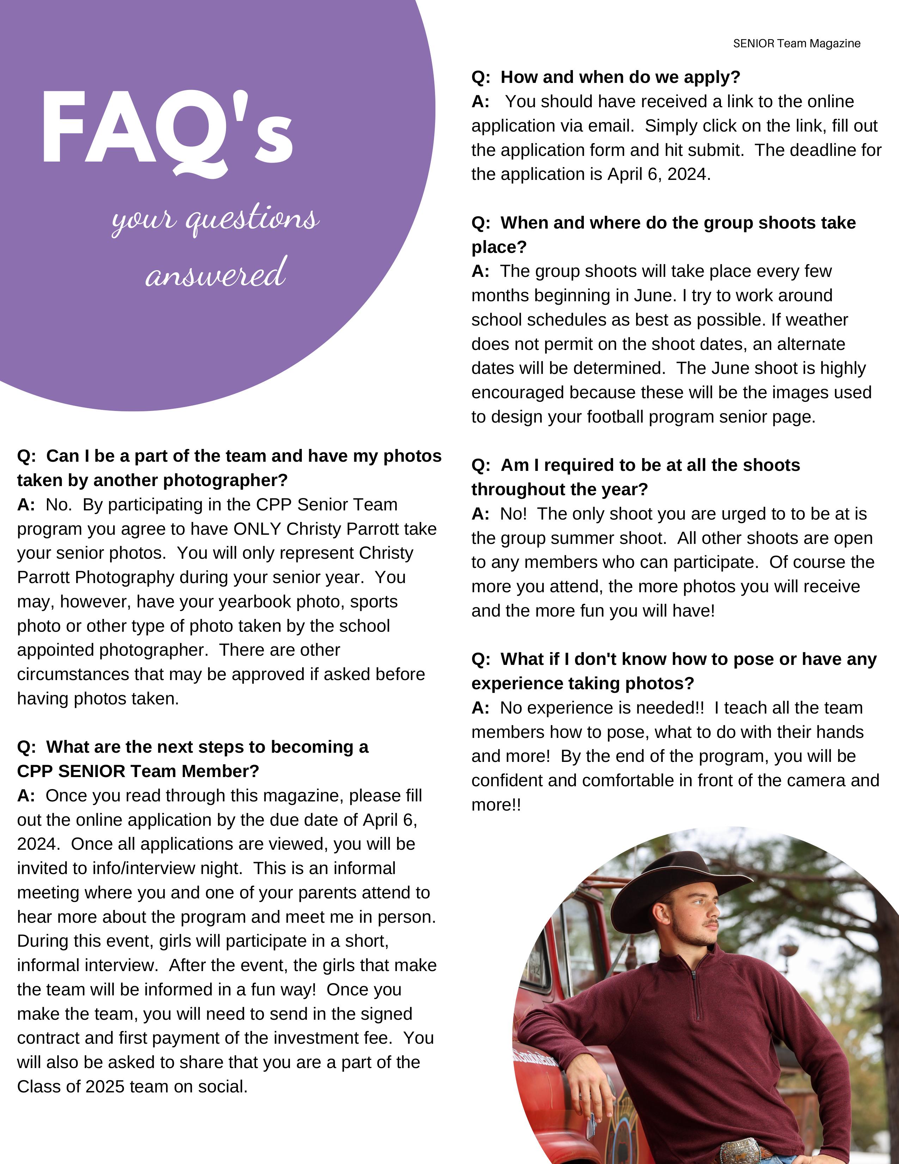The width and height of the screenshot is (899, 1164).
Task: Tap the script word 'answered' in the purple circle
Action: (216, 274)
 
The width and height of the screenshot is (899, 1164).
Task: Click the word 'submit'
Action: (715, 150)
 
